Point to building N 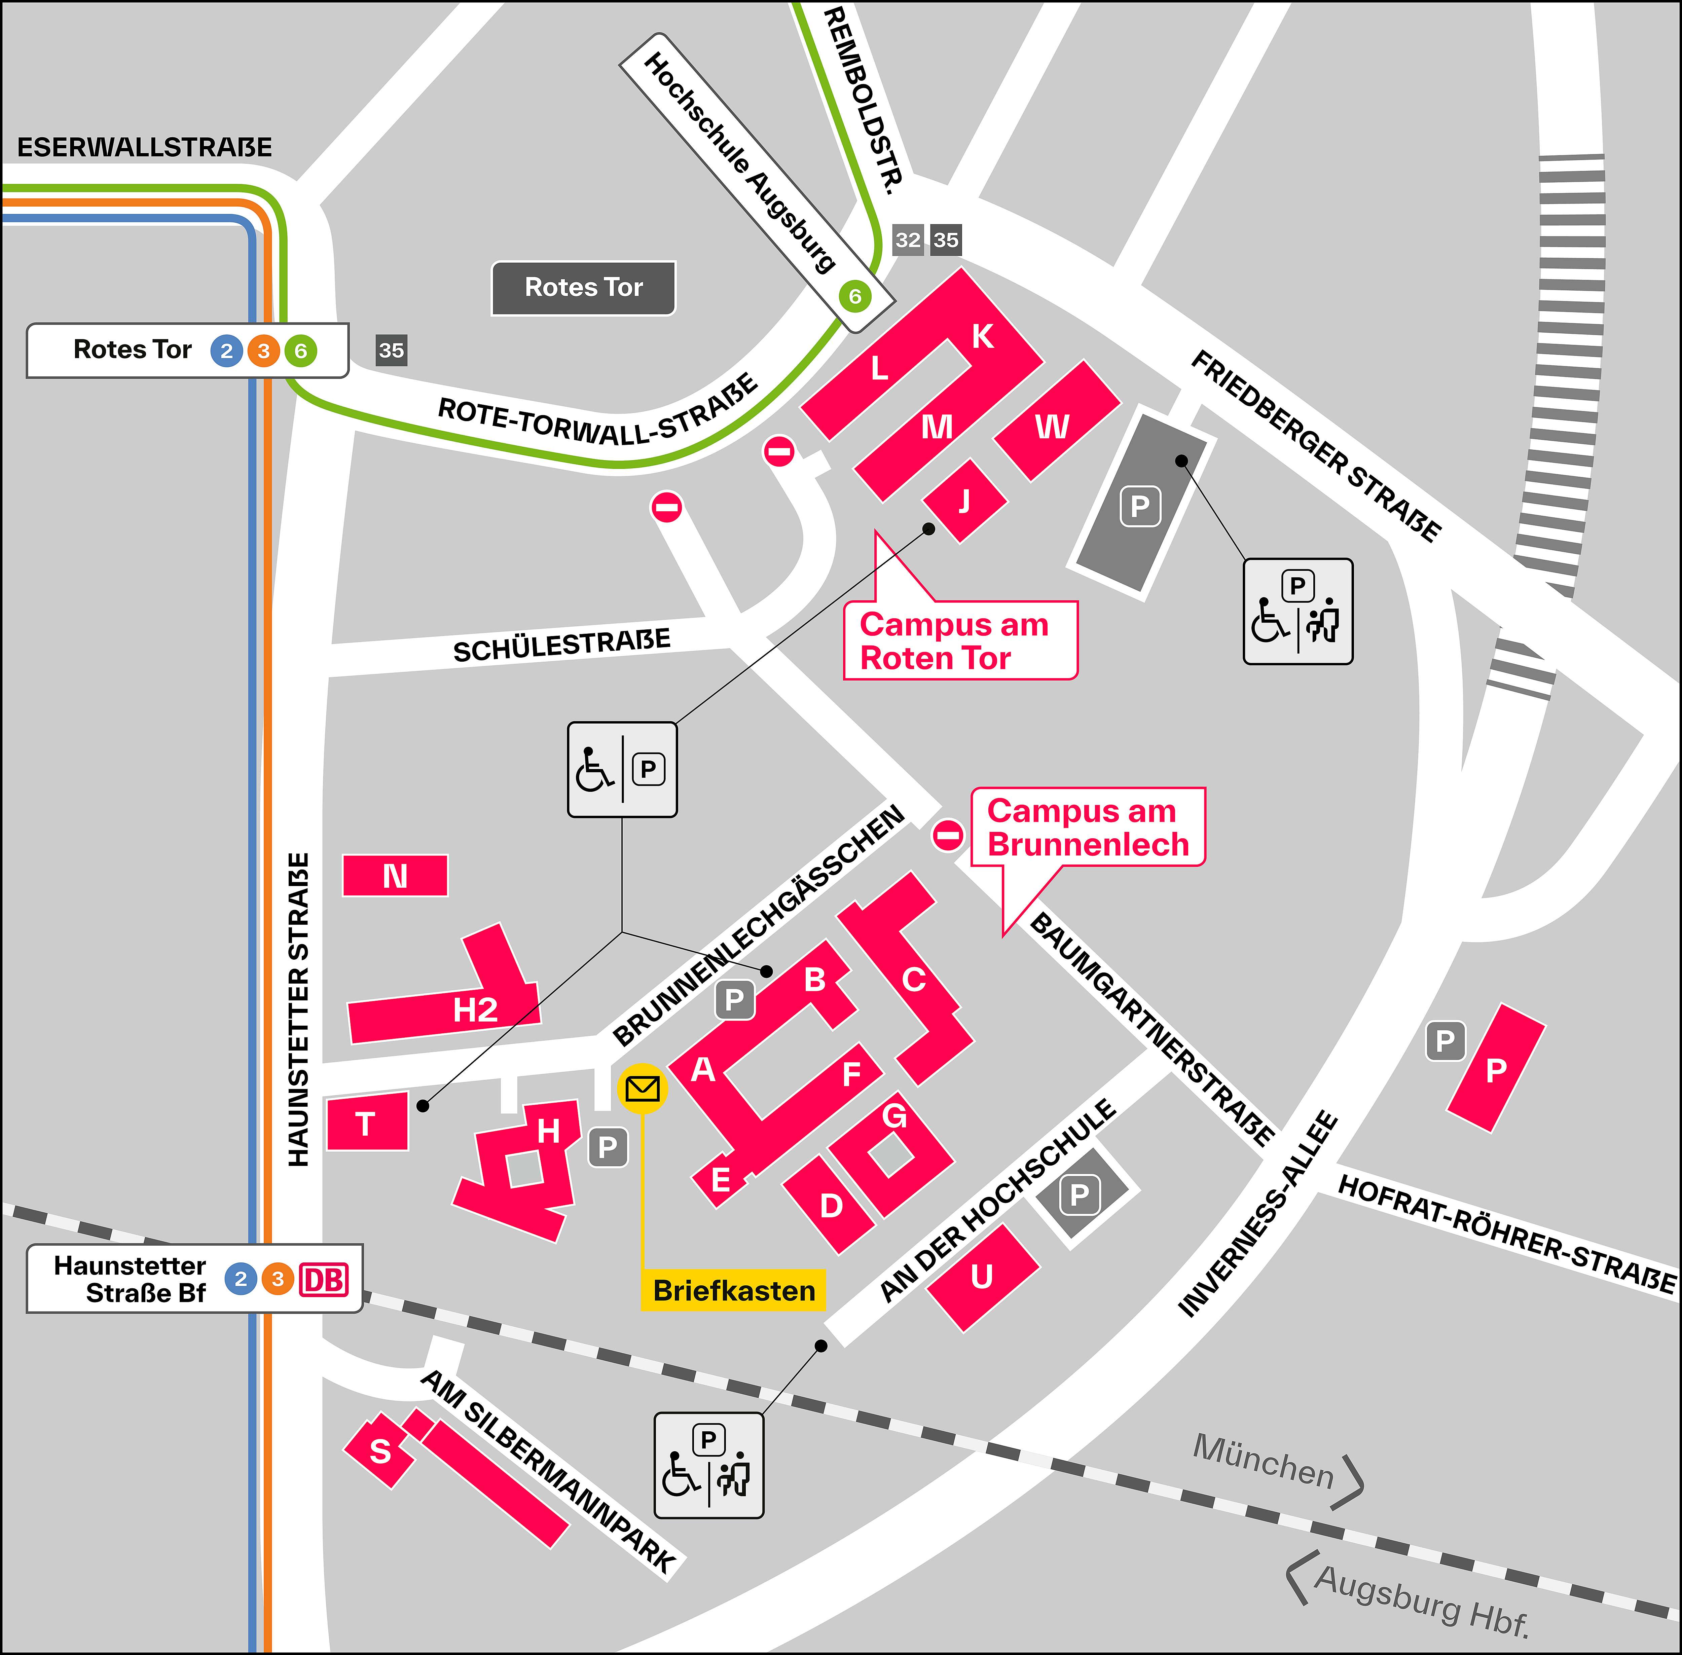[396, 875]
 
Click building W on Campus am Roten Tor [1054, 424]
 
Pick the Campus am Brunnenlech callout [1088, 827]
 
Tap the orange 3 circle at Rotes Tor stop [263, 351]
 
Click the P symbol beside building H [608, 1147]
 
